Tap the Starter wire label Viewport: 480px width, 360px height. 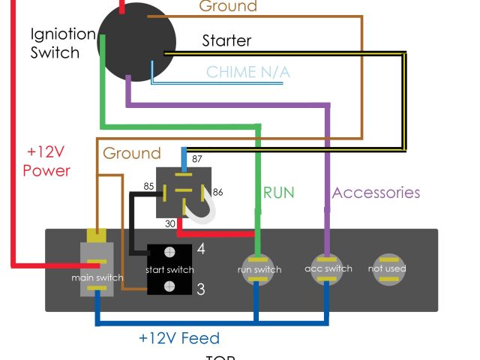[226, 40]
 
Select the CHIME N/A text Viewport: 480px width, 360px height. [247, 73]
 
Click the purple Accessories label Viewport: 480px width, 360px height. [376, 193]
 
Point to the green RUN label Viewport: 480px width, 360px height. [278, 193]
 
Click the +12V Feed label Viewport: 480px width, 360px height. [179, 338]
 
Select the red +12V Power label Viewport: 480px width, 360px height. [46, 160]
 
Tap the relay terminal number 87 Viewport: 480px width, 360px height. [197, 158]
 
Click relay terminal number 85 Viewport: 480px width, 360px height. [148, 186]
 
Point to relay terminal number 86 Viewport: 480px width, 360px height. [218, 192]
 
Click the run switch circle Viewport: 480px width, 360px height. [259, 268]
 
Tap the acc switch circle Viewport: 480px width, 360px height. [328, 268]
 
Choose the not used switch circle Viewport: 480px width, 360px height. [388, 268]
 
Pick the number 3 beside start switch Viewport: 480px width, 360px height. [201, 289]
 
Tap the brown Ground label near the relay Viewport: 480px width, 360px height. [132, 154]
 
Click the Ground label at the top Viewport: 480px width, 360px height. [227, 7]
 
